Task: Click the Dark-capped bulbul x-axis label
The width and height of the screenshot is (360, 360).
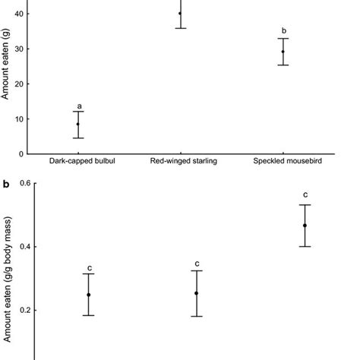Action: coord(77,161)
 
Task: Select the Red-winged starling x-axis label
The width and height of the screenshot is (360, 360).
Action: coord(180,161)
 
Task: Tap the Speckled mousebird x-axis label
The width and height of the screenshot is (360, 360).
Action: coord(283,161)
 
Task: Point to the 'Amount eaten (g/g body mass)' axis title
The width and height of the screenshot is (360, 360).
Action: coord(5,289)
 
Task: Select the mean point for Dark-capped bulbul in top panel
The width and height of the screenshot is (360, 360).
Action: coord(77,124)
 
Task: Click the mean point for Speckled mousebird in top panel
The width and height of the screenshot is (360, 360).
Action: coord(283,52)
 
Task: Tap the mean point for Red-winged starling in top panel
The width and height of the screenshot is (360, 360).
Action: coord(180,14)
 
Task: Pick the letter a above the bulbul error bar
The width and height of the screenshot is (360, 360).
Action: coord(77,105)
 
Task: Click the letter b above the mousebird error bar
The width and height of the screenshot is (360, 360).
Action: coord(283,31)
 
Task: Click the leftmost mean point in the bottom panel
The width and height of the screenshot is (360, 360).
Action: coord(89,295)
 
